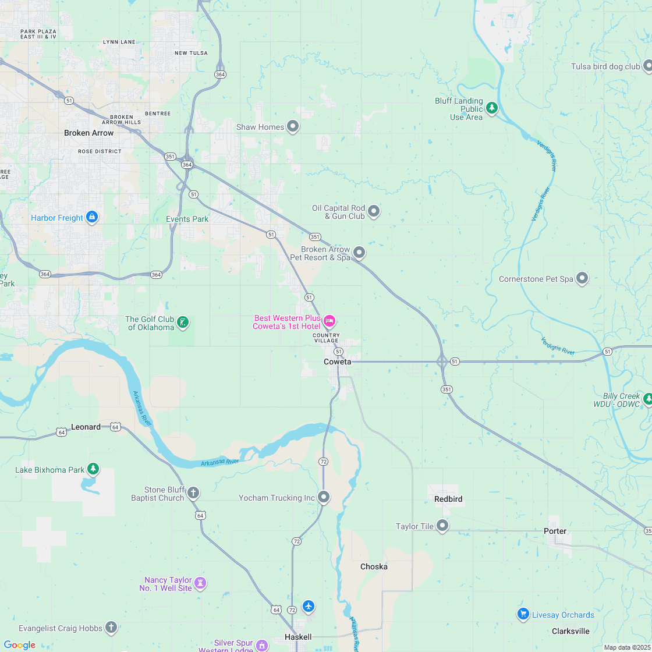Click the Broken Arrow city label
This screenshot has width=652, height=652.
point(88,133)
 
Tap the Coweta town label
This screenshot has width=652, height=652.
point(337,362)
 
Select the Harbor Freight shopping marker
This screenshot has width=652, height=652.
point(91,217)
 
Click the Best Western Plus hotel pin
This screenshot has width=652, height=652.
point(329,321)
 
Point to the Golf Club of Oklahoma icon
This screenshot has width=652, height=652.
point(183,322)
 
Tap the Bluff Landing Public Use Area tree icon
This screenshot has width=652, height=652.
point(492,108)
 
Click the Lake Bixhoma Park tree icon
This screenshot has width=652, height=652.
point(93,469)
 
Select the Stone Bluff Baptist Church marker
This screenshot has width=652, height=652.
point(193,493)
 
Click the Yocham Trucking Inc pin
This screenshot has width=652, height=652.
point(324,497)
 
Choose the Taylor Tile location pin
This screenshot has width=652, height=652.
point(442,526)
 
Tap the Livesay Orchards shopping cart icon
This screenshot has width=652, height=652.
point(523,614)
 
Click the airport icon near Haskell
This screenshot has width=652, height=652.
point(309,607)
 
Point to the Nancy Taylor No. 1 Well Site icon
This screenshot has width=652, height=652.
point(201,583)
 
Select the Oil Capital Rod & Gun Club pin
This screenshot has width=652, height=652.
point(374,211)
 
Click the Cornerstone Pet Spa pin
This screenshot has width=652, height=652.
point(582,278)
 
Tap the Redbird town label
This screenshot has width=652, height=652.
point(448,499)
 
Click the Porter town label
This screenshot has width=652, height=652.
point(555,531)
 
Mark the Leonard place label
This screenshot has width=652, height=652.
point(86,427)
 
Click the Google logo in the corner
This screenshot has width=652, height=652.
point(19,644)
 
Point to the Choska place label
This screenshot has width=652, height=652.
point(374,566)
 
